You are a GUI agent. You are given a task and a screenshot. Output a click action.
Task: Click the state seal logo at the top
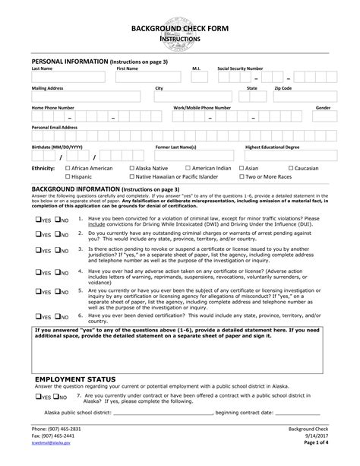pyautogui.click(x=179, y=18)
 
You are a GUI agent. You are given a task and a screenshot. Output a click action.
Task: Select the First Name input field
pyautogui.click(x=147, y=78)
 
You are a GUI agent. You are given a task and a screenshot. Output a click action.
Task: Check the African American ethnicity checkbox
pyautogui.click(x=68, y=168)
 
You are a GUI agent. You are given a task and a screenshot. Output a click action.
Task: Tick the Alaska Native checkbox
pyautogui.click(x=131, y=168)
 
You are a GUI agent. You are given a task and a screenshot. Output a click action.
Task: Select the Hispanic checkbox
pyautogui.click(x=68, y=176)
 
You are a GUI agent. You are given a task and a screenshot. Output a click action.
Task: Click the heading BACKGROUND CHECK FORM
pyautogui.click(x=179, y=27)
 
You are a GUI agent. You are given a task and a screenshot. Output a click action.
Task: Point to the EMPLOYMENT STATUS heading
pyautogui.click(x=75, y=378)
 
